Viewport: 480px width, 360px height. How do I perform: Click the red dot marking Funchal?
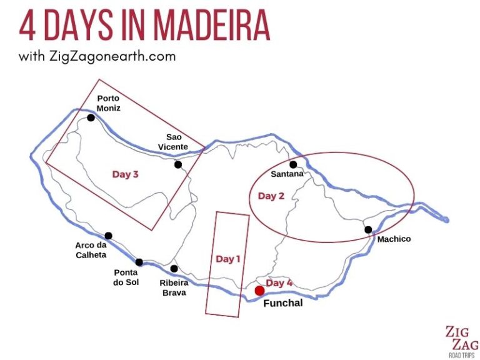(x=259, y=291)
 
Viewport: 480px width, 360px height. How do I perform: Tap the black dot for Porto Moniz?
(x=91, y=117)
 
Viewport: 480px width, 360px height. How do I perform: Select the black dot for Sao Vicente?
(x=178, y=164)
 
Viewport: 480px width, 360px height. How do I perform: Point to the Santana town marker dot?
(x=293, y=164)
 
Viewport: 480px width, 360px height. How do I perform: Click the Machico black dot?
(x=368, y=229)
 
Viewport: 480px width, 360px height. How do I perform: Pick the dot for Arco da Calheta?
(x=108, y=236)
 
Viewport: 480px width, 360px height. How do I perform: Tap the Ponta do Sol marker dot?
(x=139, y=262)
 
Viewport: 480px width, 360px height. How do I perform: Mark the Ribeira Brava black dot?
(x=174, y=269)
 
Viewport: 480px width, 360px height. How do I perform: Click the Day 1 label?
(x=228, y=259)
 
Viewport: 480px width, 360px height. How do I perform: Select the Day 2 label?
(x=271, y=196)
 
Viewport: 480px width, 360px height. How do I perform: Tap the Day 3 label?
(x=125, y=174)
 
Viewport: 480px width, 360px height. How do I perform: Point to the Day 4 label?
(x=279, y=283)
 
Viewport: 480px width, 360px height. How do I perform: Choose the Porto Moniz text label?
(x=108, y=103)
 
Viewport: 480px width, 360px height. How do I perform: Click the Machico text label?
(x=394, y=239)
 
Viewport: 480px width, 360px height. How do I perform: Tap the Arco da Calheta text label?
(x=91, y=250)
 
